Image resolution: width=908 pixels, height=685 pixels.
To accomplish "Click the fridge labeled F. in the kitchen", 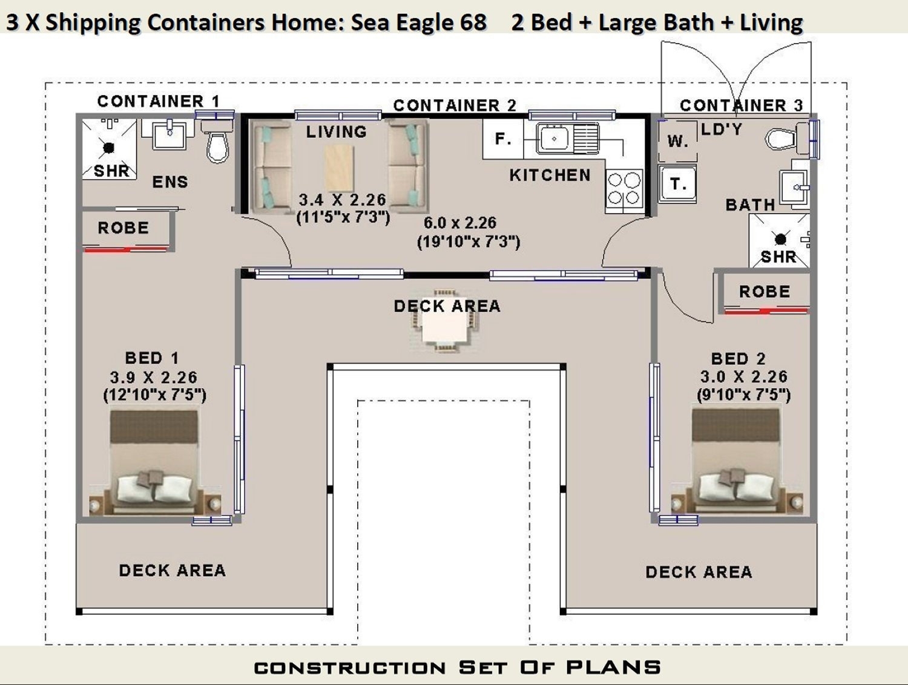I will pyautogui.click(x=502, y=139).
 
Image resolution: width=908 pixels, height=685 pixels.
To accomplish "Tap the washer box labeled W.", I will pyautogui.click(x=677, y=142).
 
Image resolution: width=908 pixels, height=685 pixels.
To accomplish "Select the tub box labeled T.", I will pyautogui.click(x=677, y=184).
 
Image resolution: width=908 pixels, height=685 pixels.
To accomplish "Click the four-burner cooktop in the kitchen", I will pyautogui.click(x=624, y=189).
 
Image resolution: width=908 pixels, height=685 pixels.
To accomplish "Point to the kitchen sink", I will pyautogui.click(x=553, y=139).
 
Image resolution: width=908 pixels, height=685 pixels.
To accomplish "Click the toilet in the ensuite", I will pyautogui.click(x=217, y=143).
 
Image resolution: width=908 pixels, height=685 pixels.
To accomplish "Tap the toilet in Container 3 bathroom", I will pyautogui.click(x=785, y=139).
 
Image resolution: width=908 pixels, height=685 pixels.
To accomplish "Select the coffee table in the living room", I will pyautogui.click(x=339, y=168).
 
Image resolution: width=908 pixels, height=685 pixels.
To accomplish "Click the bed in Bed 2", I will pyautogui.click(x=736, y=462).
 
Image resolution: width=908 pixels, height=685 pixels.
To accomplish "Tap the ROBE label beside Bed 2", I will pyautogui.click(x=764, y=292).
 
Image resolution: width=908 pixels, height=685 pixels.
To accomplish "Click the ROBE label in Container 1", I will pyautogui.click(x=123, y=228).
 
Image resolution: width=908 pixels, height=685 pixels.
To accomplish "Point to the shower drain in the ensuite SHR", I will pyautogui.click(x=109, y=147).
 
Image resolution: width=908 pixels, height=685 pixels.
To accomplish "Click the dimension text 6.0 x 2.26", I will pyautogui.click(x=460, y=223).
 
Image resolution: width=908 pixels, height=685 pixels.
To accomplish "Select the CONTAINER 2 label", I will pyautogui.click(x=455, y=105).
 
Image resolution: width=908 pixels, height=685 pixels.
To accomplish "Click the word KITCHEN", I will pyautogui.click(x=550, y=175).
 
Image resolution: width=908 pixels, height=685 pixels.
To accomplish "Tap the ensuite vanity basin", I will pyautogui.click(x=170, y=135).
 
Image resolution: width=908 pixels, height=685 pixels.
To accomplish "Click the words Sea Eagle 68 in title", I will pyautogui.click(x=419, y=22).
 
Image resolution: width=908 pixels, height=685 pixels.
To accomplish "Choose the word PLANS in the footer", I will pyautogui.click(x=613, y=667).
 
